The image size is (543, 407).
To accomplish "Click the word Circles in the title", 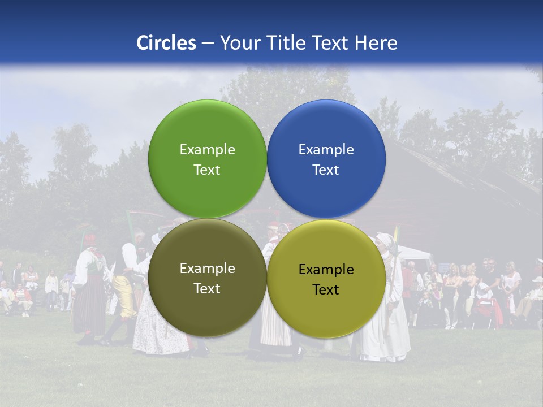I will pyautogui.click(x=166, y=43).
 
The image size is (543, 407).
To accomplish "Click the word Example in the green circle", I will pyautogui.click(x=207, y=150).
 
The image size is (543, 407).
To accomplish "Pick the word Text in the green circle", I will pyautogui.click(x=207, y=170).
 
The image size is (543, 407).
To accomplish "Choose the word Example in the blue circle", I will pyautogui.click(x=326, y=150).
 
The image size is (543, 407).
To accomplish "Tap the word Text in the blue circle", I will pyautogui.click(x=326, y=170).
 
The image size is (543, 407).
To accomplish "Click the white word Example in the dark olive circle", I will pyautogui.click(x=207, y=269).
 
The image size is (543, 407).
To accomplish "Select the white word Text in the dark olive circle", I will pyautogui.click(x=207, y=289).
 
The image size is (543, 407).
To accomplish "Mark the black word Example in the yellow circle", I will pyautogui.click(x=326, y=270).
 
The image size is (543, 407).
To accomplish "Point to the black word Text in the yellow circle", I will pyautogui.click(x=326, y=290).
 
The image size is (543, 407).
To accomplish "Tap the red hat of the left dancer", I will pyautogui.click(x=89, y=239).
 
